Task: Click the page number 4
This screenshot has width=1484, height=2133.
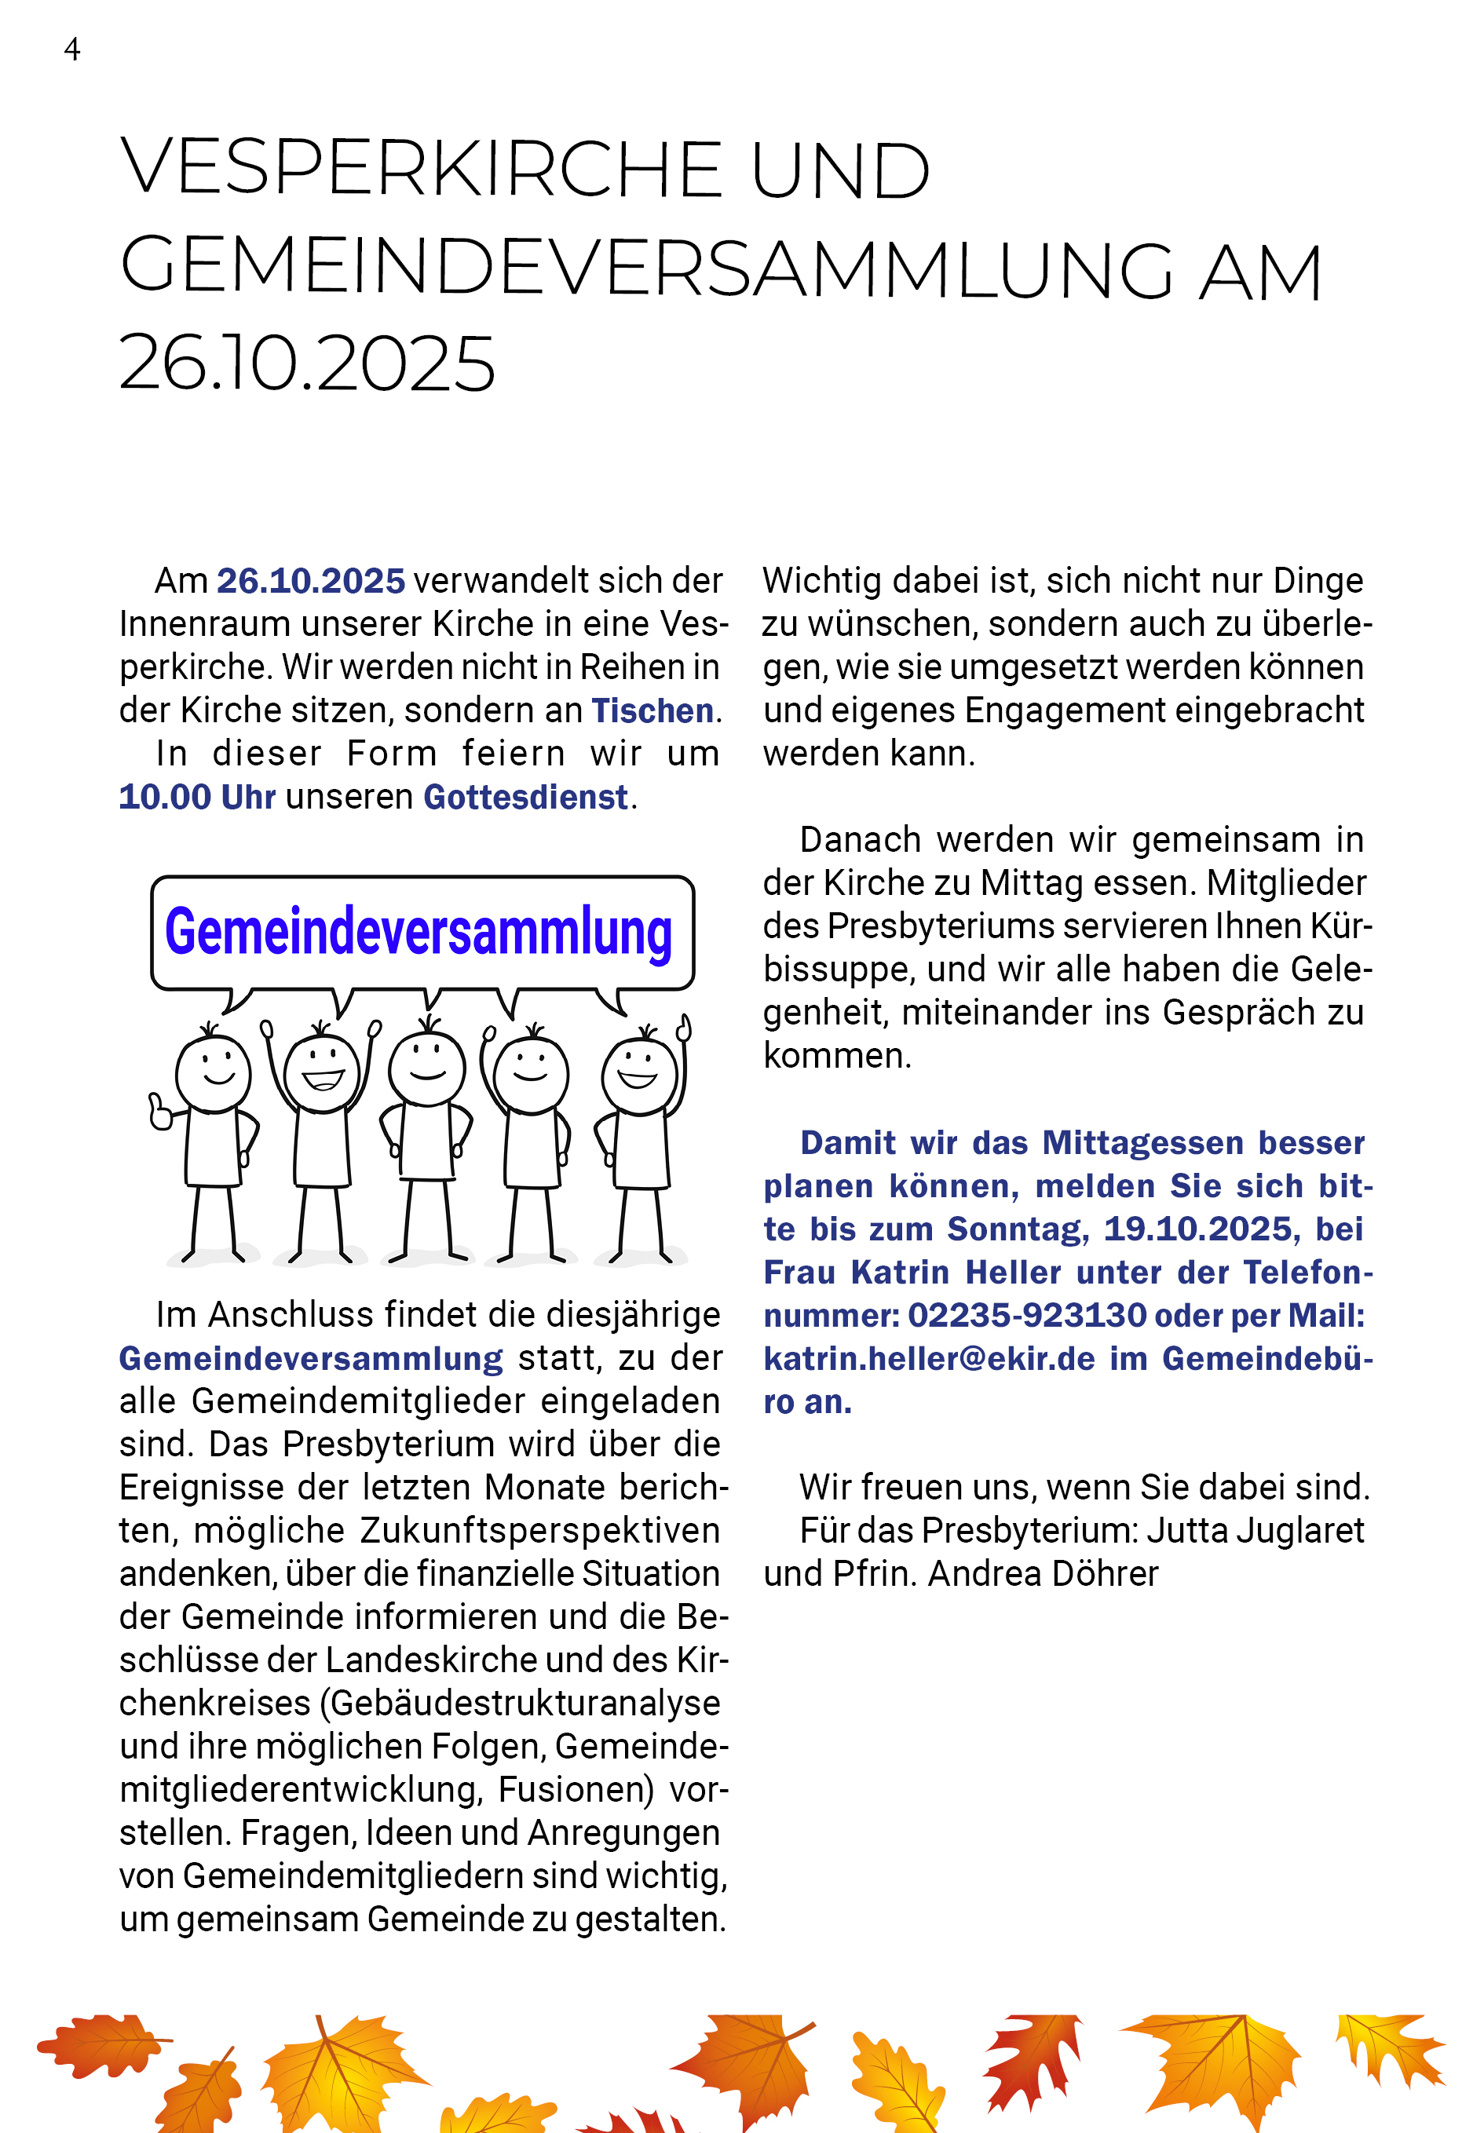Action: [71, 49]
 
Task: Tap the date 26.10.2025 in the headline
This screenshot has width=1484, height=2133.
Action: [307, 363]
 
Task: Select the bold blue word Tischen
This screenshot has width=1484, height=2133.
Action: [652, 710]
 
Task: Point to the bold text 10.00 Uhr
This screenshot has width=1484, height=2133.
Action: [197, 797]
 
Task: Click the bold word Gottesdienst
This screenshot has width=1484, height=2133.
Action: [526, 797]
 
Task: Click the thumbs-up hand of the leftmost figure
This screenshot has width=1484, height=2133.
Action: [160, 1112]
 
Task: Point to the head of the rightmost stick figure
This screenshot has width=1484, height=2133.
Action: [639, 1076]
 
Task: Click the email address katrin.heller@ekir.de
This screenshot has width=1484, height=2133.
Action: [929, 1359]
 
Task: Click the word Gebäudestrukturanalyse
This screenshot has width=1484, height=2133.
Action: [525, 1704]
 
